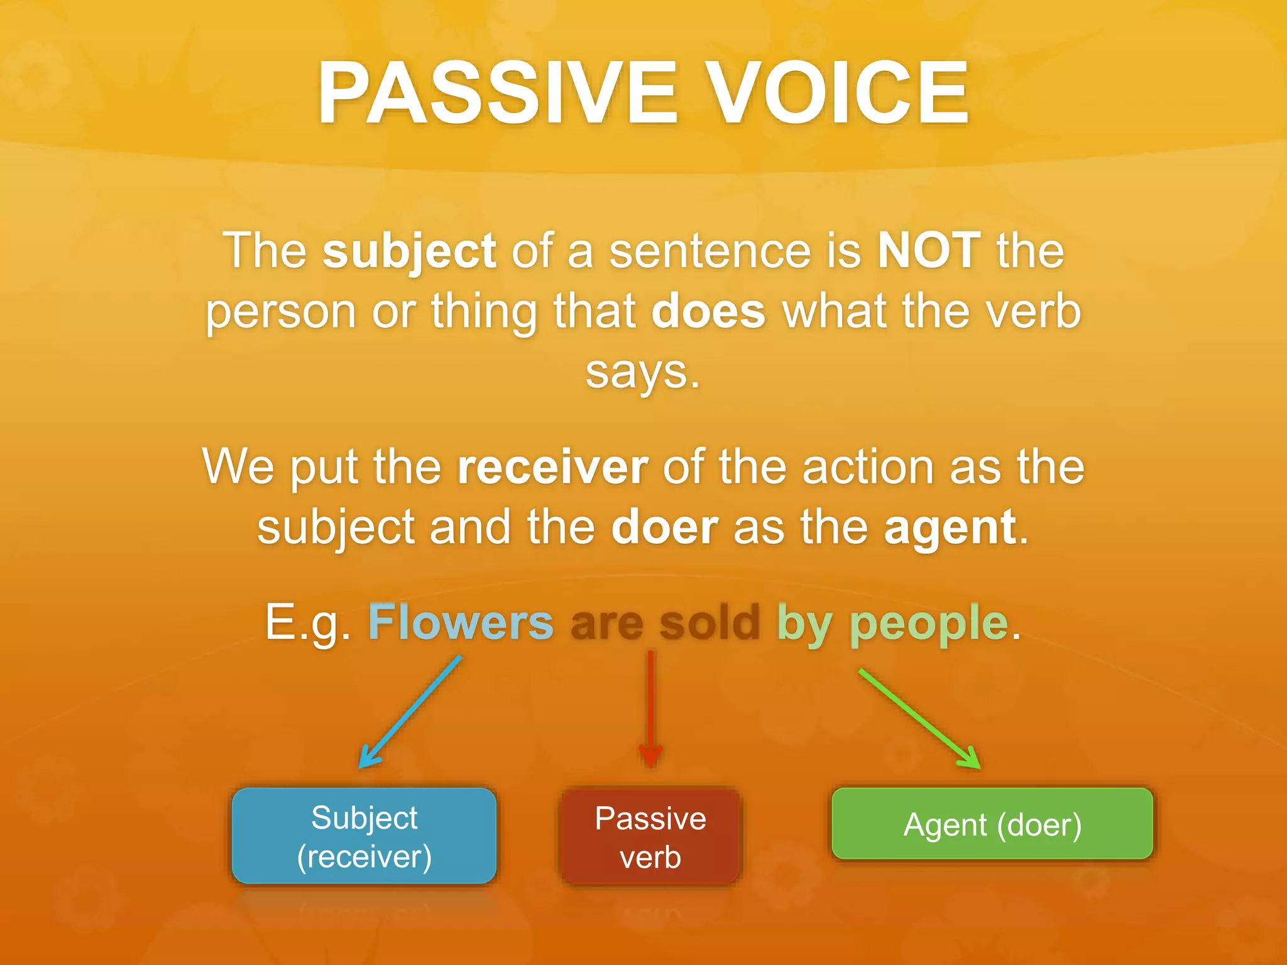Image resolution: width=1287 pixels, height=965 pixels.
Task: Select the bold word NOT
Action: click(x=928, y=250)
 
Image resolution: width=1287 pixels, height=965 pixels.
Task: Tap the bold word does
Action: click(x=708, y=311)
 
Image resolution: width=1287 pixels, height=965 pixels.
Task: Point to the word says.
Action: click(x=642, y=372)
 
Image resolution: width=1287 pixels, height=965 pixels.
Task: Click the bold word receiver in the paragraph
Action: click(x=552, y=467)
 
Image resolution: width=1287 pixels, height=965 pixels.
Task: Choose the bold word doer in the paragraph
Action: click(x=664, y=527)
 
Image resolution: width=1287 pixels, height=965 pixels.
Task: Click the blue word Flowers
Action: click(x=461, y=622)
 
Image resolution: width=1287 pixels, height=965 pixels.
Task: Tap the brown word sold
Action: click(x=709, y=622)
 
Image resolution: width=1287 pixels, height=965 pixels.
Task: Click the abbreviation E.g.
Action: click(x=307, y=622)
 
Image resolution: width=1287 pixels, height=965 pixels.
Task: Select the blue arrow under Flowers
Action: click(x=410, y=712)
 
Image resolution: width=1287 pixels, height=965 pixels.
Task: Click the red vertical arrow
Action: click(x=650, y=710)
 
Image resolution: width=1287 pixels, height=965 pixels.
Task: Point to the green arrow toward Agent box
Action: click(x=919, y=718)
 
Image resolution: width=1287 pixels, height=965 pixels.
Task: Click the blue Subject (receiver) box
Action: click(x=364, y=836)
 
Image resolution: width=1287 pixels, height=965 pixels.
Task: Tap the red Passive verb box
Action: click(x=650, y=837)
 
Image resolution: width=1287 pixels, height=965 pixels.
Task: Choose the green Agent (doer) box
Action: click(x=992, y=824)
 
